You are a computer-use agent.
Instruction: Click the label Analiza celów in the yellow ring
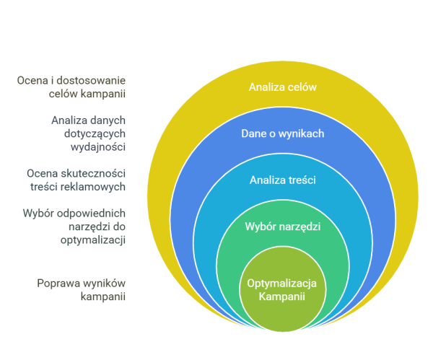tap(282, 87)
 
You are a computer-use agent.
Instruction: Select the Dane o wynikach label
tap(282, 133)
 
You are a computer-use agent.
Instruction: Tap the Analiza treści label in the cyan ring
tap(282, 180)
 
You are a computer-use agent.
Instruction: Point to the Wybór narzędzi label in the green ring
tap(282, 227)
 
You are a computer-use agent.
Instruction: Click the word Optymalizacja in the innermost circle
tap(281, 284)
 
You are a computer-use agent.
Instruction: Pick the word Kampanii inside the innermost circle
tap(281, 297)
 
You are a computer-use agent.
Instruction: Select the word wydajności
tap(98, 147)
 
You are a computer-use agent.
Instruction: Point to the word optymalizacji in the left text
tap(93, 240)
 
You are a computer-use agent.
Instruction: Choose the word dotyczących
tap(95, 134)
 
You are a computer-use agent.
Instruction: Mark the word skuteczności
tap(93, 174)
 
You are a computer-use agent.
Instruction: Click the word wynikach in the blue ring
tap(301, 133)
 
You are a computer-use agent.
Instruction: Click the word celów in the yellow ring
tap(302, 87)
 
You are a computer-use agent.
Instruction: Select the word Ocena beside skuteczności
tap(42, 174)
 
